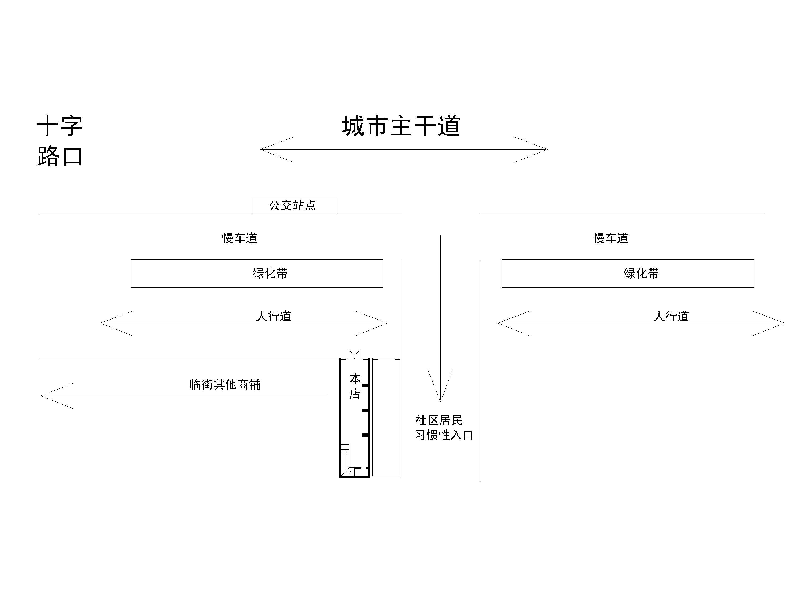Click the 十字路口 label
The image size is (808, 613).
60,141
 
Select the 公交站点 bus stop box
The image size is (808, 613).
294,205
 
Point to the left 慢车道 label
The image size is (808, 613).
240,238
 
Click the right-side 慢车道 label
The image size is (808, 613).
611,238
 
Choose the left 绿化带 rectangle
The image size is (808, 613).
256,274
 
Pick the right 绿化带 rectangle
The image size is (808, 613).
628,274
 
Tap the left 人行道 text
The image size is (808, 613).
274,316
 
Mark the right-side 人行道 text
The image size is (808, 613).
671,316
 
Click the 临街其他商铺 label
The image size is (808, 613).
225,384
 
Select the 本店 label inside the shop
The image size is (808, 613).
355,386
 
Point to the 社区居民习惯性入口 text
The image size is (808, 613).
444,427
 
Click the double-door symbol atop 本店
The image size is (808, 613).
354,355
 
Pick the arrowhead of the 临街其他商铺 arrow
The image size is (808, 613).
47,396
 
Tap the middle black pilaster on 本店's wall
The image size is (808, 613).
365,411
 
